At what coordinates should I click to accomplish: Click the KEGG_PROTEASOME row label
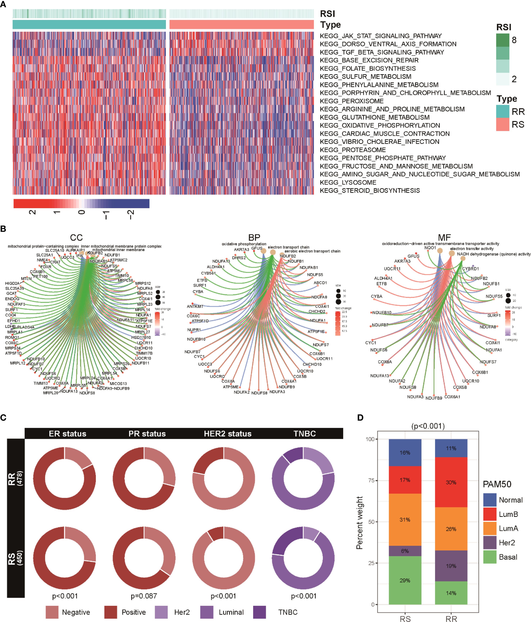[x=353, y=150]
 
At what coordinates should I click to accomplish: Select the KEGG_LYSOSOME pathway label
[x=348, y=183]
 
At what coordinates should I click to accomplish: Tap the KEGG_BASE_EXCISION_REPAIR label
[x=369, y=60]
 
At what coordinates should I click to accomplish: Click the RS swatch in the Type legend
[x=502, y=124]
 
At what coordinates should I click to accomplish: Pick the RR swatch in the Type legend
[x=502, y=111]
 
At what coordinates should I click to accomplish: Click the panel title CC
[x=76, y=238]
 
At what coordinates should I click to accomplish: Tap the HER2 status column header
[x=228, y=434]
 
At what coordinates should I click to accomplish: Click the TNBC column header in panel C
[x=305, y=434]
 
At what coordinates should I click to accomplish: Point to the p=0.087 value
[x=144, y=596]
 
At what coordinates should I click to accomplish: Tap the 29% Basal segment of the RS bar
[x=405, y=580]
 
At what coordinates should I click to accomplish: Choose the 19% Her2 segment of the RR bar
[x=451, y=566]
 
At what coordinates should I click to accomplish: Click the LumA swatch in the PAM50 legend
[x=489, y=528]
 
